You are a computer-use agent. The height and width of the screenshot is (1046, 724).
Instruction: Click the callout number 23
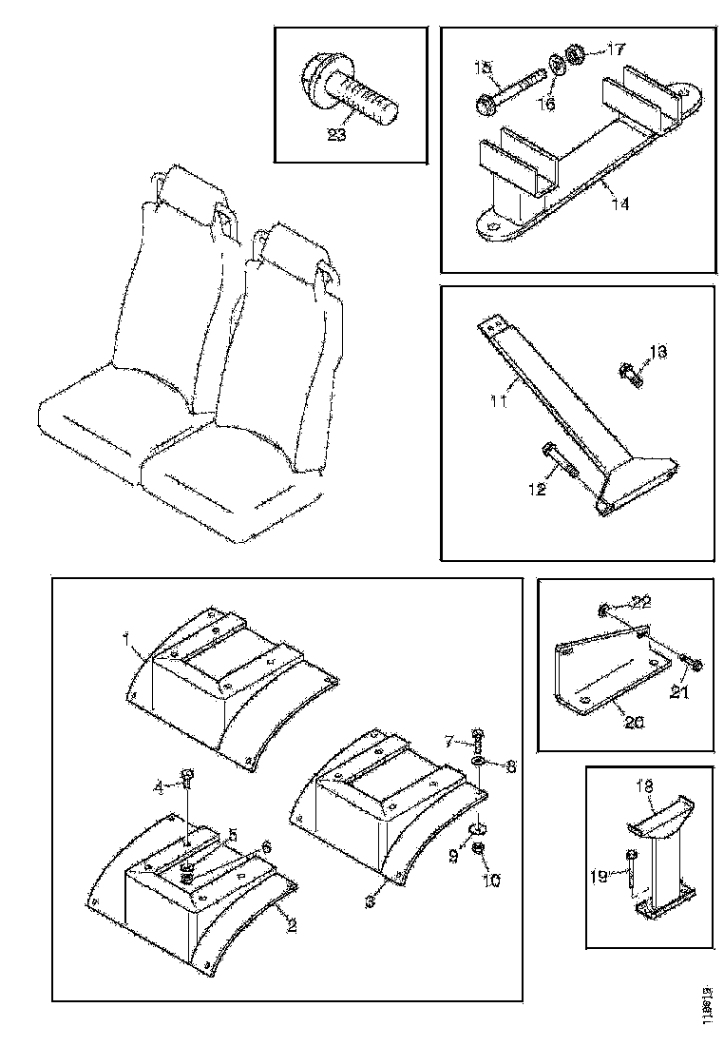[336, 135]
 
